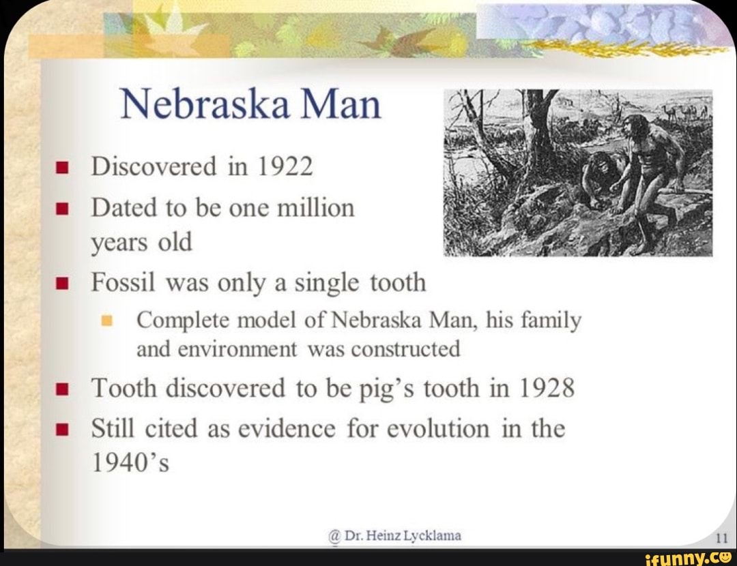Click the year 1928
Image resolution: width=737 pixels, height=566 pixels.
coord(545,389)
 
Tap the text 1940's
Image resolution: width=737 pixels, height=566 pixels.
coord(130,464)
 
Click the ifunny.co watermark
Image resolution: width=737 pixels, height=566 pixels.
coord(689,556)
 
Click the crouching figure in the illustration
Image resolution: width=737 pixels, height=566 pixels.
coord(599,177)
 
